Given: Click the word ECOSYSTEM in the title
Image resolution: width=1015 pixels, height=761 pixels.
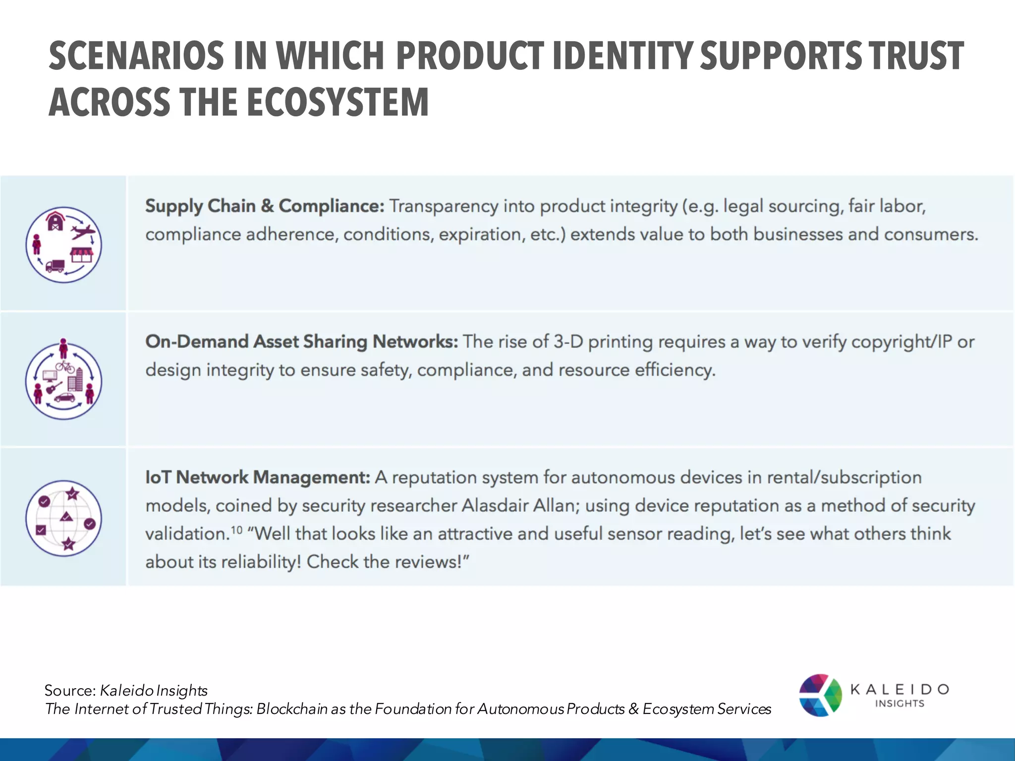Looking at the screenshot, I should (338, 103).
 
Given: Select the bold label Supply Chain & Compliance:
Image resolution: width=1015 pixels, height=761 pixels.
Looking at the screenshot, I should (264, 206).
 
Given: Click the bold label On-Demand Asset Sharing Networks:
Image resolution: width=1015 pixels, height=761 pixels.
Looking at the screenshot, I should (301, 342).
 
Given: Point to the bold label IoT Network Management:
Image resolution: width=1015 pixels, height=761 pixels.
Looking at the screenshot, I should (258, 478).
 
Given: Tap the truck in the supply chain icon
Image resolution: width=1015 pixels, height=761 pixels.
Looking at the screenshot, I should (55, 267).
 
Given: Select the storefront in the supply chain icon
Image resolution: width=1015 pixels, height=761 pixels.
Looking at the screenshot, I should (82, 255).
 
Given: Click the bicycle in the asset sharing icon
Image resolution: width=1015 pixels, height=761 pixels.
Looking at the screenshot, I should (65, 367).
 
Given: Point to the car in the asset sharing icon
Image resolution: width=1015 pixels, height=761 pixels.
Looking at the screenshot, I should (64, 397).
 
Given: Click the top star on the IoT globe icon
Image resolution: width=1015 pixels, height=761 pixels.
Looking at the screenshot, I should (72, 493).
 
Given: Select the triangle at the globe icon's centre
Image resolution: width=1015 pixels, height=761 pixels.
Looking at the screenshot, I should (66, 517).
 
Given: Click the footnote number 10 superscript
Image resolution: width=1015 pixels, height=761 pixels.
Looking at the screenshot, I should (236, 530).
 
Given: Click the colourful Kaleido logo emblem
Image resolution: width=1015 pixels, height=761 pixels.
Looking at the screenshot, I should (820, 695).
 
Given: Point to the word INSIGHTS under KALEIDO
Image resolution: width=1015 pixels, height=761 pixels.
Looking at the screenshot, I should (900, 704).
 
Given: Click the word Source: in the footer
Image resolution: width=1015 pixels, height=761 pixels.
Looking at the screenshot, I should (70, 691).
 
